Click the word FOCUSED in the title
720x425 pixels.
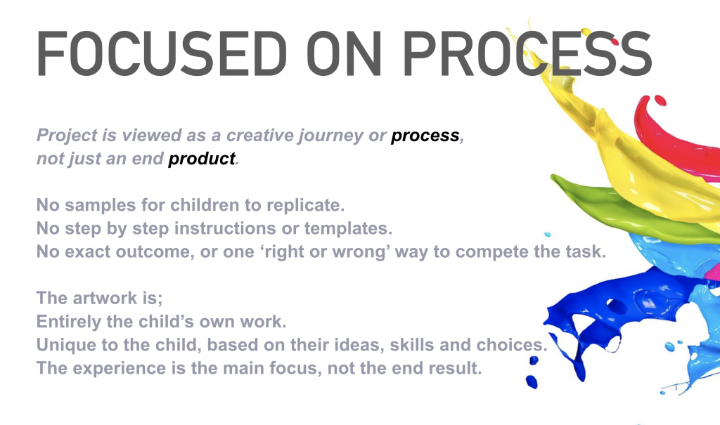tap(162, 53)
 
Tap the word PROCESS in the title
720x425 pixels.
tap(527, 53)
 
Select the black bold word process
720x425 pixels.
tap(425, 136)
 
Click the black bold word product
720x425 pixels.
tap(202, 159)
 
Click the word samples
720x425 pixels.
tap(100, 205)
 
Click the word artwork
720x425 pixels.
tap(105, 299)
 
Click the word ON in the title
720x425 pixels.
tap(343, 53)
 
